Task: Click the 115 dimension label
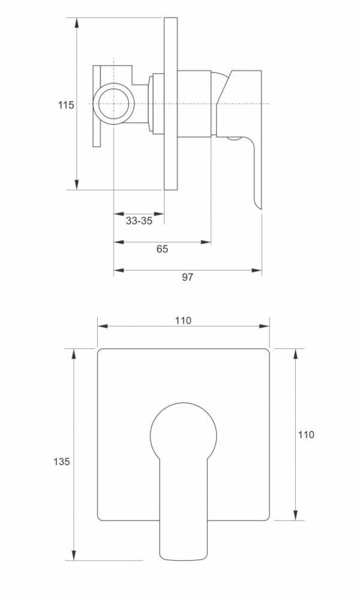(65, 105)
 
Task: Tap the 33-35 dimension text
(139, 221)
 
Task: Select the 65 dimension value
(162, 249)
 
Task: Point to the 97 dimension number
(187, 277)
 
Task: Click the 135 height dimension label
(61, 461)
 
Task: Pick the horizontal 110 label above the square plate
(183, 320)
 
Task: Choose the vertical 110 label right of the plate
(306, 435)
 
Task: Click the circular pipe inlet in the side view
(114, 104)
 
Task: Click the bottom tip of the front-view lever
(183, 559)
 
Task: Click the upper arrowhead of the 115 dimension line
(77, 22)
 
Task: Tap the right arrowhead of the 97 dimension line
(257, 270)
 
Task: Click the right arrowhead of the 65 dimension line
(206, 242)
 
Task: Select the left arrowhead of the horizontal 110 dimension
(103, 326)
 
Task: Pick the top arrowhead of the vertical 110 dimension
(295, 354)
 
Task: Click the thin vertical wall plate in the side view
(170, 104)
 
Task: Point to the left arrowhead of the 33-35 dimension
(119, 214)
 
